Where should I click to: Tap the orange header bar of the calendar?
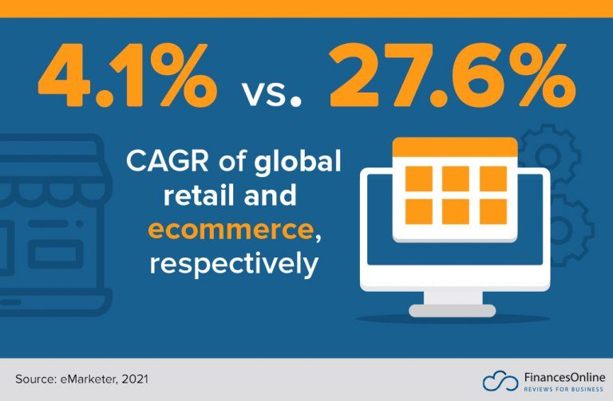455,148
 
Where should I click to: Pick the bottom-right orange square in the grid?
492,211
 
